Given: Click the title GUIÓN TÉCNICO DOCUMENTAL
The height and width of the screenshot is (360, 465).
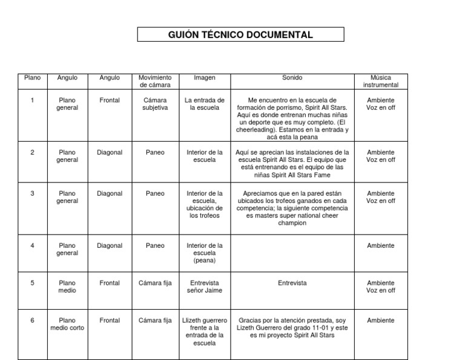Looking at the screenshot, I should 240,35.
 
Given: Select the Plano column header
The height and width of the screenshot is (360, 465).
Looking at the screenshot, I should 32,78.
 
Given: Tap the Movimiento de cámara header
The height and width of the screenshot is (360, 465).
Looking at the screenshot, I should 155,81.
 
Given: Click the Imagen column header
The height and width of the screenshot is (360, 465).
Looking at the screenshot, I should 204,78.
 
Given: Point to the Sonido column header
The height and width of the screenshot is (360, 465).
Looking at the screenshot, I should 292,78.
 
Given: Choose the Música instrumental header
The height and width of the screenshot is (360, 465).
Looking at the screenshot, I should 381,81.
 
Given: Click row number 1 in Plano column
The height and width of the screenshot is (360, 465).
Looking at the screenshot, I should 32,100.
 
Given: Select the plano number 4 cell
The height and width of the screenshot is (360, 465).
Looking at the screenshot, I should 32,245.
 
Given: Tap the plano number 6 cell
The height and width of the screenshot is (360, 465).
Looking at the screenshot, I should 32,320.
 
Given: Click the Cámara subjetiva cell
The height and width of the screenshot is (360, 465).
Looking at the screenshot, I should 155,104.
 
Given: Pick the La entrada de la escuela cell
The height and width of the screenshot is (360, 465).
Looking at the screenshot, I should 204,104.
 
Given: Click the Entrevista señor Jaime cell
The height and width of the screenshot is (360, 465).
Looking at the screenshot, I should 204,287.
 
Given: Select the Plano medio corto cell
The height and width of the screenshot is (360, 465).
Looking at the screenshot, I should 67,324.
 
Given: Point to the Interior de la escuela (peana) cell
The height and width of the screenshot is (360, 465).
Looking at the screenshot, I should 204,253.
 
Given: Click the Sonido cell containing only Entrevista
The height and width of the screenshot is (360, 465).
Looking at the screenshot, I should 292,283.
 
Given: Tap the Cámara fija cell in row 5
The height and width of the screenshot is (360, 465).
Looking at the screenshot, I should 155,283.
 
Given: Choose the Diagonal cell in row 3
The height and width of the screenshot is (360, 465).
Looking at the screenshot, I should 110,193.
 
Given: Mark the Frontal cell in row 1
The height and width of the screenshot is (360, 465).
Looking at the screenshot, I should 110,100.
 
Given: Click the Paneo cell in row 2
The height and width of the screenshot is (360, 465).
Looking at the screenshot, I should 155,152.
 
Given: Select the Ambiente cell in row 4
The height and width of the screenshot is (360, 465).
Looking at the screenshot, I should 381,245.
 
